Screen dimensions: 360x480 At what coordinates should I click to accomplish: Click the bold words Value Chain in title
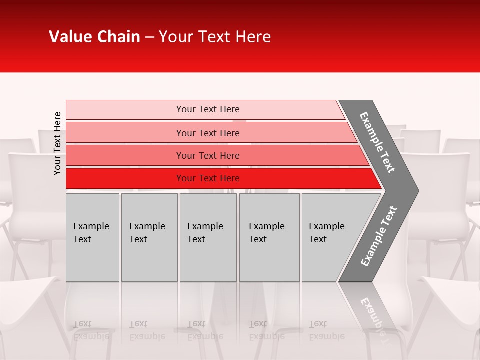[x=94, y=37]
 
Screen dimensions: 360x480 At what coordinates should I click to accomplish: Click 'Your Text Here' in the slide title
[x=215, y=37]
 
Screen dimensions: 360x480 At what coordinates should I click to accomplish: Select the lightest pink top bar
[x=125, y=109]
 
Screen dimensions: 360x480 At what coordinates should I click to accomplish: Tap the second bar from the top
[x=125, y=133]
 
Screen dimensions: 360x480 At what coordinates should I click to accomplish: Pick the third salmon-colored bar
[x=125, y=155]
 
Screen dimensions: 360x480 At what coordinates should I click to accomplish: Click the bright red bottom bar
[x=125, y=178]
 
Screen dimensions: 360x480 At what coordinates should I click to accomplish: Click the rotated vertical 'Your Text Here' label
[x=57, y=143]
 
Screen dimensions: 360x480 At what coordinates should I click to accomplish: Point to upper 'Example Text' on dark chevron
[x=377, y=142]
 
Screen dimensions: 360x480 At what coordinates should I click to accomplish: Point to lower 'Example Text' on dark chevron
[x=379, y=236]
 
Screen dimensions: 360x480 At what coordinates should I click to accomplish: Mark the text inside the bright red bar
[x=208, y=178]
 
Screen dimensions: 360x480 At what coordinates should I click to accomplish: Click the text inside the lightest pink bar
[x=208, y=109]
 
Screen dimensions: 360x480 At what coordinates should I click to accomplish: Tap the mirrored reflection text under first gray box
[x=91, y=330]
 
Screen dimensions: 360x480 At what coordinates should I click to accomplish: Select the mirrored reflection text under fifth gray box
[x=326, y=330]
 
